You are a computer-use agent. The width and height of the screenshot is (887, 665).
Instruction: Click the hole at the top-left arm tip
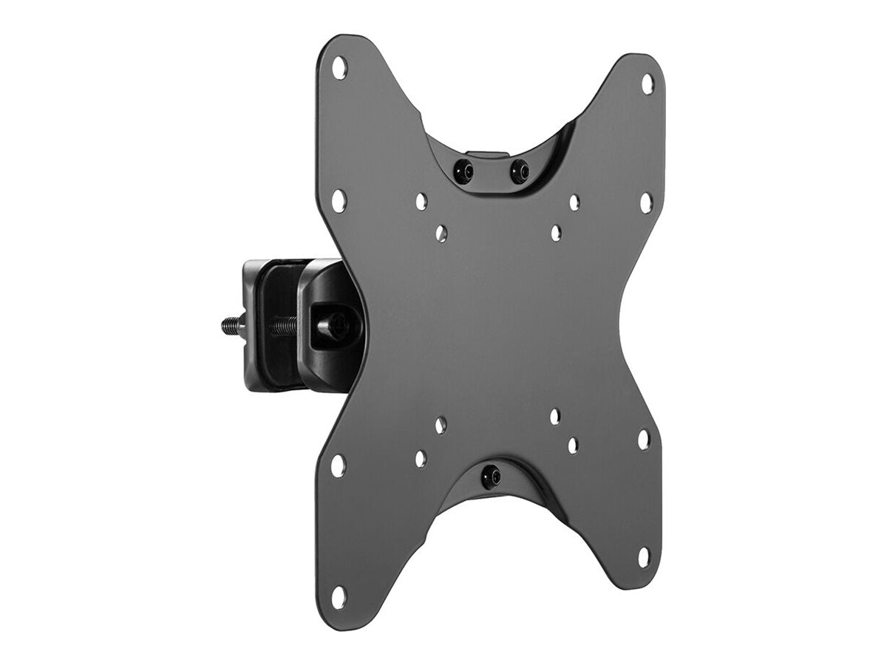(339, 68)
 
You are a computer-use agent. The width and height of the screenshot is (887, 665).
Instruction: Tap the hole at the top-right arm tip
(648, 83)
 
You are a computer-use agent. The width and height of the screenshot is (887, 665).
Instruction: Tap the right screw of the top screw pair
(519, 171)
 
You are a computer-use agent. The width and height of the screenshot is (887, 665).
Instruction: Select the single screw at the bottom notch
(492, 475)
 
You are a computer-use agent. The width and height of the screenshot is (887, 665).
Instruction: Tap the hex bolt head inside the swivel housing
(333, 324)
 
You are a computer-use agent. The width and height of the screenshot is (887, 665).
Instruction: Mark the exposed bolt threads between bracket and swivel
(284, 325)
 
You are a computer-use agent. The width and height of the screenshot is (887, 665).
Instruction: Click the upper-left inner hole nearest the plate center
(441, 233)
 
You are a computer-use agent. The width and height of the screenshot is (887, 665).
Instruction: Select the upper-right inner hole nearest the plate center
(556, 233)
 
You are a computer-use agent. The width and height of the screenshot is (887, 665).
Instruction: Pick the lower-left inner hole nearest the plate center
(441, 425)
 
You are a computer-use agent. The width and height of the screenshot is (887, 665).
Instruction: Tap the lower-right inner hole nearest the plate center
(554, 417)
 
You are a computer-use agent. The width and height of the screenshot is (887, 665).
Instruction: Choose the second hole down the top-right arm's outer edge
(646, 202)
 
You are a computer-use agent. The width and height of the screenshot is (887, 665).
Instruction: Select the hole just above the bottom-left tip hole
(338, 465)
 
